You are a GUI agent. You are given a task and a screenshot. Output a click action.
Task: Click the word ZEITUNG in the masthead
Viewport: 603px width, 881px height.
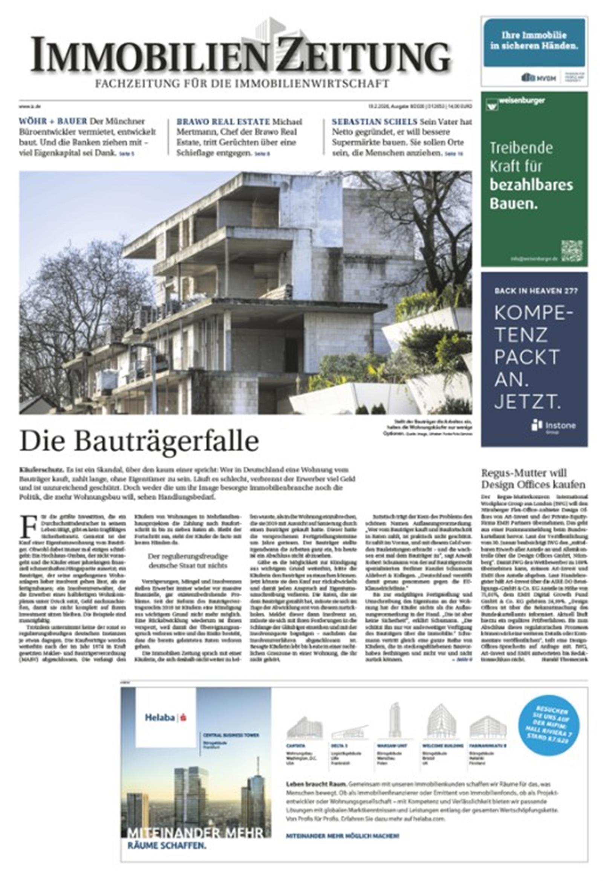point(364,56)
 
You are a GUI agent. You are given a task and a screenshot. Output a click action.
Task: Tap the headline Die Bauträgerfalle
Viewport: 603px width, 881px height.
point(139,440)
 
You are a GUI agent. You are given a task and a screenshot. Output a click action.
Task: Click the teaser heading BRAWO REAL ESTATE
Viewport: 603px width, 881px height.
point(223,122)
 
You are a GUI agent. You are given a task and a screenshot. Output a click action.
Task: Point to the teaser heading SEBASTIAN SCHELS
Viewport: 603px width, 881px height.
point(374,122)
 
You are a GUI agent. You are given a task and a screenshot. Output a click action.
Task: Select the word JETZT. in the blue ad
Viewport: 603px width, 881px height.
point(527,402)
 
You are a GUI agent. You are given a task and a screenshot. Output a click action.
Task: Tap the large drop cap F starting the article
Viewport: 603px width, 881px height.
point(26,528)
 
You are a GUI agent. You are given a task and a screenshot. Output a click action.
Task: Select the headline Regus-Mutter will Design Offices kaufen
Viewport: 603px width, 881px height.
point(533,479)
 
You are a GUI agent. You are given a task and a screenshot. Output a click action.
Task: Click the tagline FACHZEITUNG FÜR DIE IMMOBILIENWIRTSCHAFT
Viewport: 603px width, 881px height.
point(242,83)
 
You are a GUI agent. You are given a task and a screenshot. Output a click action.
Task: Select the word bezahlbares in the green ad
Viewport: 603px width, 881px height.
point(531,185)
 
